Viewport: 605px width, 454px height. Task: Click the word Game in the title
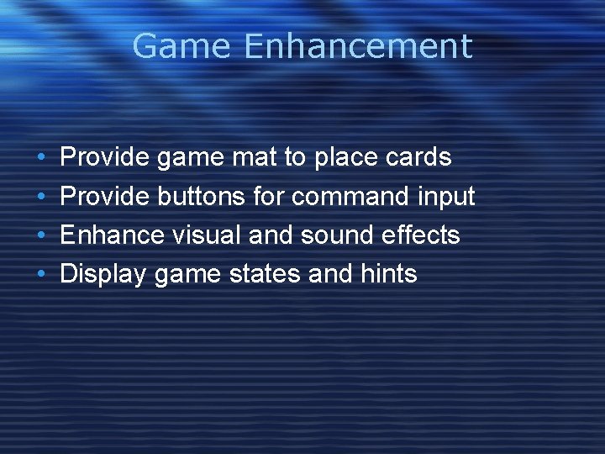tap(182, 46)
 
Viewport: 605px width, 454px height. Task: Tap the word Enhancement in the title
tap(358, 46)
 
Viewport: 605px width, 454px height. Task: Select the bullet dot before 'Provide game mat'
tap(42, 158)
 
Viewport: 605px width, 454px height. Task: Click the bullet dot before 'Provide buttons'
tap(42, 197)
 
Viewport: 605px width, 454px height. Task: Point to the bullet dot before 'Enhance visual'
tap(42, 235)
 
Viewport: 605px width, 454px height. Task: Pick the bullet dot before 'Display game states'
tap(42, 274)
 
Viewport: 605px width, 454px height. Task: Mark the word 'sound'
tap(330, 235)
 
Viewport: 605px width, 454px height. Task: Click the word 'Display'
tap(104, 274)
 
